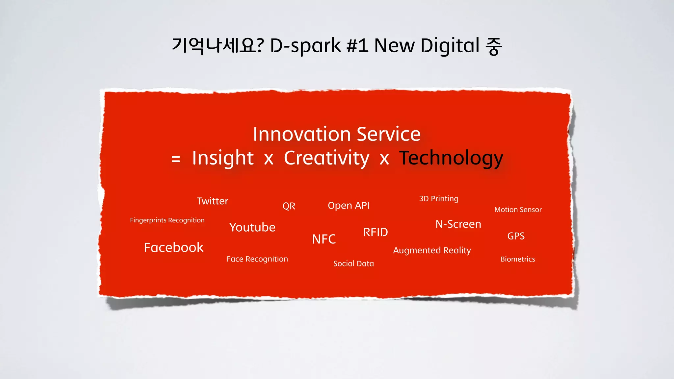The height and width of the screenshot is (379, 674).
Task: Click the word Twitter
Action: [x=212, y=201]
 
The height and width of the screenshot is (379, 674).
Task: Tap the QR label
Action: [x=289, y=206]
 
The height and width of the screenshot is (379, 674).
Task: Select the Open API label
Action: [x=349, y=206]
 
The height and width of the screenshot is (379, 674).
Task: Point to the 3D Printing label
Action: [x=438, y=199]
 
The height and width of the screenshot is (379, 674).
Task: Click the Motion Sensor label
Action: [x=518, y=210]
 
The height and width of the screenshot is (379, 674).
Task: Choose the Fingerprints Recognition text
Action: [x=167, y=220]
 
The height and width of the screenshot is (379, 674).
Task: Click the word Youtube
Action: [x=252, y=227]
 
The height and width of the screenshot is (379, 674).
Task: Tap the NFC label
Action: [x=324, y=239]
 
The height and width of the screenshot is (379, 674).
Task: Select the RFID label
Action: [x=376, y=232]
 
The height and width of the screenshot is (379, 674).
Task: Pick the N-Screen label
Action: [x=458, y=224]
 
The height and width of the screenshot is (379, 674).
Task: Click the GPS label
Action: [x=516, y=236]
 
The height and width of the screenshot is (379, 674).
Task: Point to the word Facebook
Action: [x=173, y=247]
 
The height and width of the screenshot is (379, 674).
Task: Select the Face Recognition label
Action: [x=257, y=259]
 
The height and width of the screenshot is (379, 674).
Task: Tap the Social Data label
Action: [x=353, y=264]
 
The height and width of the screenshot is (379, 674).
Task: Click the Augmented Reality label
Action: [x=432, y=250]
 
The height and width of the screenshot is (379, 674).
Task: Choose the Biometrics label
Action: [x=517, y=259]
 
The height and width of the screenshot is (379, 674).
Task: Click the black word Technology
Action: [x=451, y=158]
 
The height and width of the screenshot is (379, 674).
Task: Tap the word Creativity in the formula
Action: [x=326, y=158]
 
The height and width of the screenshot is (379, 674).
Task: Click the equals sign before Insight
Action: [x=176, y=159]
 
